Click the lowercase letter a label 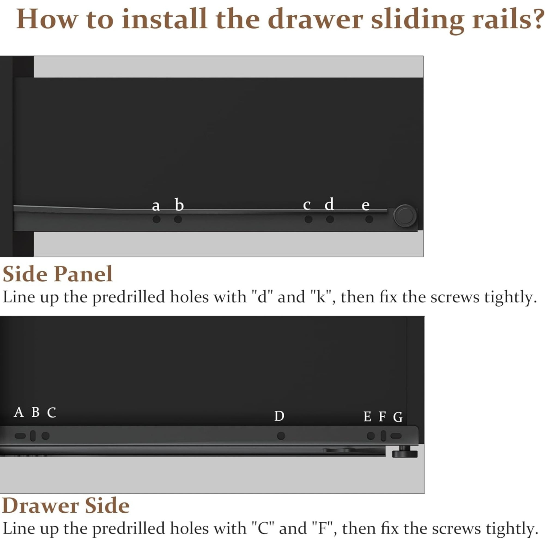coord(156,206)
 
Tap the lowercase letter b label coord(179,205)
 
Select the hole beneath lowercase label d coord(330,219)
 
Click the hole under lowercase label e coord(369,219)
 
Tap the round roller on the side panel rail coord(405,216)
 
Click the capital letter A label coord(19,412)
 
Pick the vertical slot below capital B coord(33,436)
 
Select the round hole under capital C coord(46,436)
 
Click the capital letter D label coord(279,416)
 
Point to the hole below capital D coord(281,436)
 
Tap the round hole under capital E coord(371,436)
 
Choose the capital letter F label coord(382,416)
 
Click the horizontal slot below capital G coord(396,436)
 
